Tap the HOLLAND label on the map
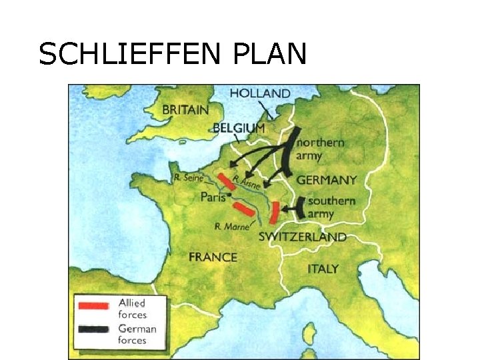coord(260,93)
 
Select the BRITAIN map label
coord(185,109)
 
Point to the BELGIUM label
coord(239,128)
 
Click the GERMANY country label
coord(326,180)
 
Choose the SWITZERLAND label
coord(302,237)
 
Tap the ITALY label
coord(323,269)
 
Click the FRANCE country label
coord(213,257)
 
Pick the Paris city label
coord(212,197)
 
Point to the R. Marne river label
coord(231,227)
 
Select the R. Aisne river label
coord(247,178)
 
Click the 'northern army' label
coord(320,149)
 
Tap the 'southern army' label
coord(331,207)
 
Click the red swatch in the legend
coord(93,306)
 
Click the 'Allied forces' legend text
coord(132,309)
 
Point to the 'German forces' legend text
coord(137,334)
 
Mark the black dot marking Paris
coord(229,196)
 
